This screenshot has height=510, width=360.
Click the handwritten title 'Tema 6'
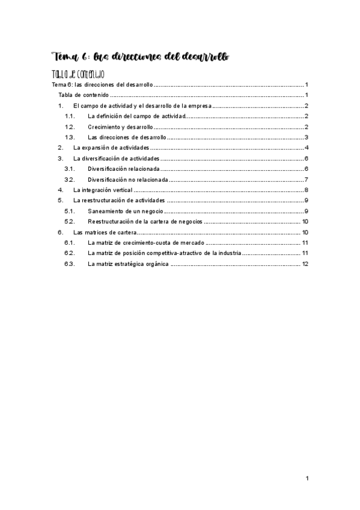[x=70, y=57]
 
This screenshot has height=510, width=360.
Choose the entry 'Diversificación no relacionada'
[x=127, y=179]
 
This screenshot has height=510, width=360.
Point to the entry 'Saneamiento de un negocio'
[x=126, y=211]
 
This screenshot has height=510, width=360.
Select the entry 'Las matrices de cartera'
[x=105, y=232]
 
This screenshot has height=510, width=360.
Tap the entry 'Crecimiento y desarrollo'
[x=120, y=127]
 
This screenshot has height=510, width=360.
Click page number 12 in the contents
[x=305, y=264]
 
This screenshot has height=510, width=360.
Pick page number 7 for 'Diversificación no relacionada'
[x=307, y=179]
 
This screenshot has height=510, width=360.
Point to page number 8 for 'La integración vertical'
[x=307, y=190]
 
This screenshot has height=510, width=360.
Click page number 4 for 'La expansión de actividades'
[x=307, y=147]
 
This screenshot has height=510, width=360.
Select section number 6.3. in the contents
[x=69, y=264]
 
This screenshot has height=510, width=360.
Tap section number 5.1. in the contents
[x=69, y=211]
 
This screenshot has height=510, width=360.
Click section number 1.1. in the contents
[x=69, y=116]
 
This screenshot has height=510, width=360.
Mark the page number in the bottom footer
[x=307, y=478]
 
